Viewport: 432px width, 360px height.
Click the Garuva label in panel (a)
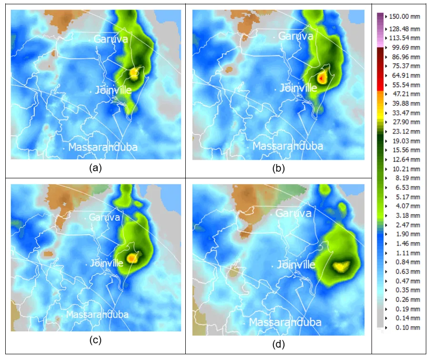(111, 40)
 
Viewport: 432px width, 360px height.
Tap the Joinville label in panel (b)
(299, 88)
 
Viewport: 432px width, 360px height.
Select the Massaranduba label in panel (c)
(97, 314)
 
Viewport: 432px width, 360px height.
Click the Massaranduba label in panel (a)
(103, 147)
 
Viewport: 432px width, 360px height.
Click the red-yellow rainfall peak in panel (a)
(134, 72)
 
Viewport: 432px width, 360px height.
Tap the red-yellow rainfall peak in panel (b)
(322, 77)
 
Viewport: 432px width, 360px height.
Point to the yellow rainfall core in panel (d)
(341, 266)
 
